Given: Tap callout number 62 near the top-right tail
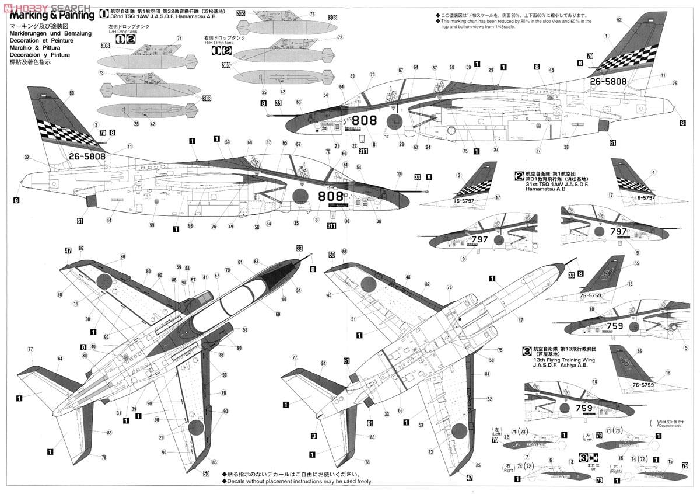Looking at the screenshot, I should pos(619,19).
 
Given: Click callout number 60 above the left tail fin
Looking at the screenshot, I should pos(71,93).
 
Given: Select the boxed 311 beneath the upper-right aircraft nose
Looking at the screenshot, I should pos(363,151).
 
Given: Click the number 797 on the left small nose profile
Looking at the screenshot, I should pos(480,239).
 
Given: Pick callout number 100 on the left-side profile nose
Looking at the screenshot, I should pos(399,173).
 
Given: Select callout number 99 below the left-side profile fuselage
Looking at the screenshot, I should pos(152,225).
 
